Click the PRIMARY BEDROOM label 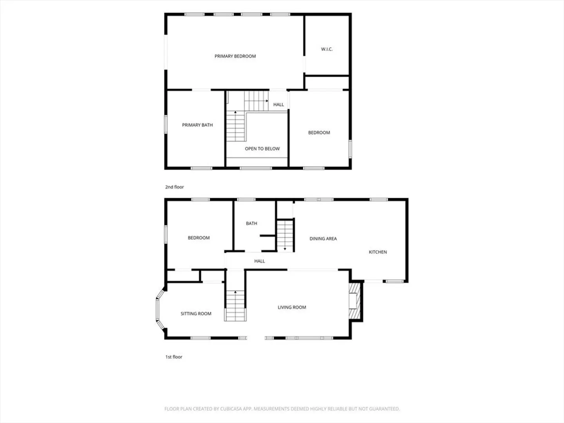coord(235,56)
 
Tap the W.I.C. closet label coord(327,49)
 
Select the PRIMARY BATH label coord(197,125)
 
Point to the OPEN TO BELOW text coord(262,149)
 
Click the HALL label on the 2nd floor coord(278,105)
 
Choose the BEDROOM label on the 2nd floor coord(319,132)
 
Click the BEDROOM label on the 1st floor coord(199,238)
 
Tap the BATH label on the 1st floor coord(251,223)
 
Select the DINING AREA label coord(323,239)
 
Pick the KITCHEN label coord(378,252)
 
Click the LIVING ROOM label coord(292,307)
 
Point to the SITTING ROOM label coord(196,314)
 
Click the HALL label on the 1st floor coord(260,261)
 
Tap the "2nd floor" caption coord(174,187)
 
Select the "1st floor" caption coord(174,357)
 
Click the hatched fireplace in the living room coord(355,301)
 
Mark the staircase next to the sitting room coord(235,306)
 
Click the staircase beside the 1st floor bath coord(285,236)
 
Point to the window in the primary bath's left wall coord(166,124)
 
